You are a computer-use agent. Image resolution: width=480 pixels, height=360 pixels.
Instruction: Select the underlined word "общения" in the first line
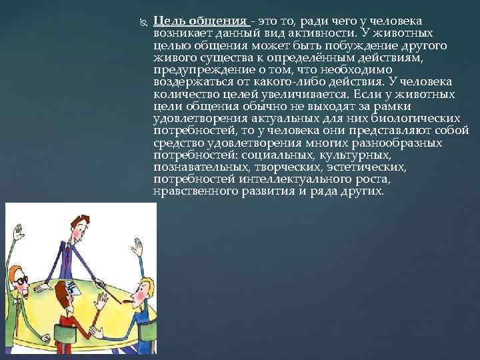point(213,21)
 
